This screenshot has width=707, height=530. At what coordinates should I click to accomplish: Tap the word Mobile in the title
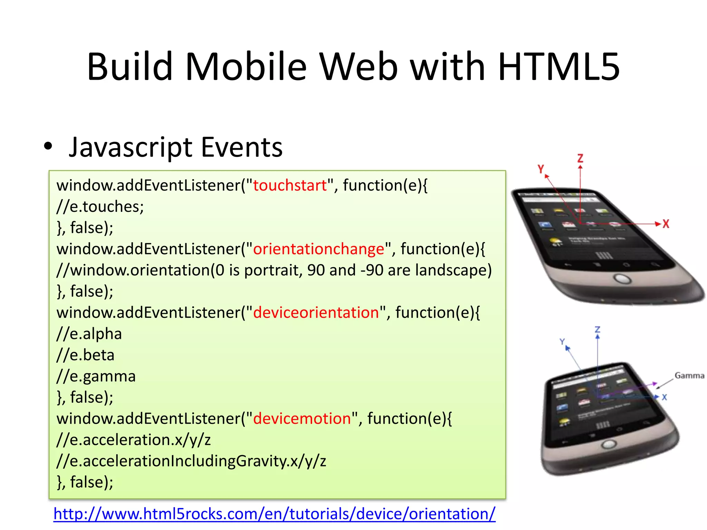click(x=246, y=67)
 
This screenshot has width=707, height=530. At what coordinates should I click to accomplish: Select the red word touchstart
click(x=290, y=186)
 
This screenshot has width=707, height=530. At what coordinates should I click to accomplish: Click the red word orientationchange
click(x=319, y=249)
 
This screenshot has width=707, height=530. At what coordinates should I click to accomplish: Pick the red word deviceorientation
click(x=316, y=313)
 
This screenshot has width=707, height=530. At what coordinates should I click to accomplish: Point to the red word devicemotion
click(x=302, y=419)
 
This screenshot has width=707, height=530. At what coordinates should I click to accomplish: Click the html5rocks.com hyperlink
click(x=274, y=514)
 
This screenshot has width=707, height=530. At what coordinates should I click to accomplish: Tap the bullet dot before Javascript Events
click(x=48, y=146)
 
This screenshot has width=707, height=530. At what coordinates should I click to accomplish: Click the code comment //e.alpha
click(x=89, y=334)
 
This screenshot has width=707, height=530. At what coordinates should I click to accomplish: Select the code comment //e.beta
click(x=85, y=355)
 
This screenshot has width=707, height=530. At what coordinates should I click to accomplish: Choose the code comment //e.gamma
click(x=96, y=376)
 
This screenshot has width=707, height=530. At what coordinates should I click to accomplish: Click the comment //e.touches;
click(x=100, y=207)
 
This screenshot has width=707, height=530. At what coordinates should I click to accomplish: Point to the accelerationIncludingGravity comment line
click(x=191, y=461)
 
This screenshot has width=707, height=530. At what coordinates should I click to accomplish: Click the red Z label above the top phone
click(x=580, y=158)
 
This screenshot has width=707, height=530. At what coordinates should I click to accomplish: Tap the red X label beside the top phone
click(x=666, y=224)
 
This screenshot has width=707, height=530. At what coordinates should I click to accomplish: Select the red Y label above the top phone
click(x=541, y=169)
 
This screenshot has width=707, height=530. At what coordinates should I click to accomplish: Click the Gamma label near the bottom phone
click(x=689, y=375)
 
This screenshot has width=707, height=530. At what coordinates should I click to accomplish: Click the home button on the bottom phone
click(x=609, y=444)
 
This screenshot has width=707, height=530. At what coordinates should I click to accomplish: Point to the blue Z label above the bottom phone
click(x=598, y=330)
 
